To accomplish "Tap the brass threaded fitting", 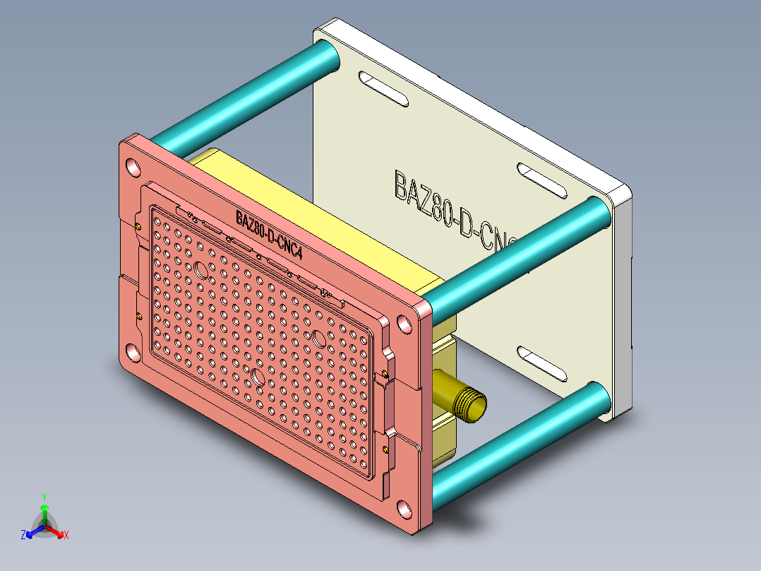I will pos(466,403).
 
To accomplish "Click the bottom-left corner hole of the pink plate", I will pos(132,351).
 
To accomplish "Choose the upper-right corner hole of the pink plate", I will pos(405,324).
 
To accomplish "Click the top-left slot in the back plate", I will pos(383,88).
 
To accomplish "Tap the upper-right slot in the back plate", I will pos(543,180).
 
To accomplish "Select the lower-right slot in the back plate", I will pos(544,362).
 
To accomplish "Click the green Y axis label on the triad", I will pos(44,496).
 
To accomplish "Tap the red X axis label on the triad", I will pos(66,536).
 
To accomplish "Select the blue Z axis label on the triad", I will pos(23,536).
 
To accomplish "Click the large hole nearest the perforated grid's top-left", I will pos(200,269).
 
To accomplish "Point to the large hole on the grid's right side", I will pos(318,339).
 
